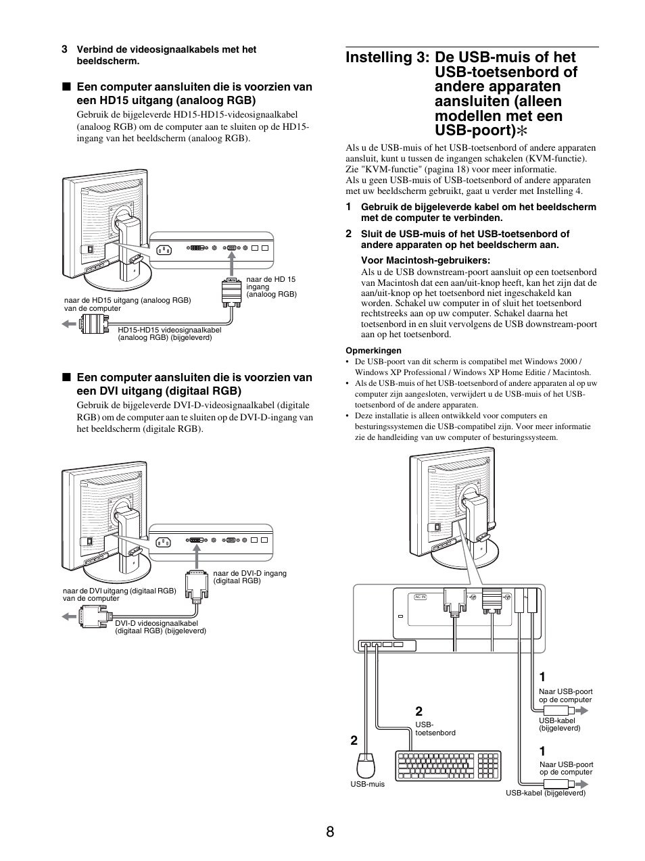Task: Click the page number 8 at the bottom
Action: coord(329,831)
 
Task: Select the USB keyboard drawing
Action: coord(447,767)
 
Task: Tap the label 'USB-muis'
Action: coord(367,785)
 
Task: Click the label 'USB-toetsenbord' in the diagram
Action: coord(435,729)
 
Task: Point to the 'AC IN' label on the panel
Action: coord(420,597)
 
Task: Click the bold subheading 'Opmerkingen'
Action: coord(373,351)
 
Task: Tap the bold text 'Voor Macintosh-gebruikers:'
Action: coord(425,261)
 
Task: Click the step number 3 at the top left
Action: coord(64,49)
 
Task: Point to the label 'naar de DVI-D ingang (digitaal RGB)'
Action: coord(249,576)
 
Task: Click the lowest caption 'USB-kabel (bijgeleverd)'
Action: coord(546,793)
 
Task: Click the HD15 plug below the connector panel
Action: coord(231,291)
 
